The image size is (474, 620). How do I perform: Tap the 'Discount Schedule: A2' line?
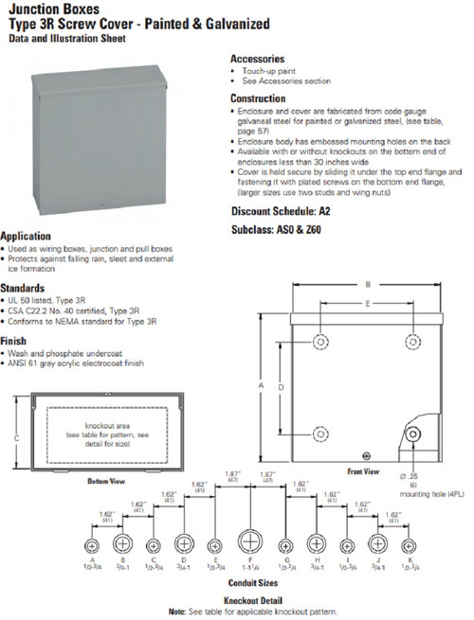point(281,210)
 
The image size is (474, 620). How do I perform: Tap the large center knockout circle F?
point(250,545)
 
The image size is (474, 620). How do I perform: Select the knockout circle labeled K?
point(409,546)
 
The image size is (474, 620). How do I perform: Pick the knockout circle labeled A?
point(92,546)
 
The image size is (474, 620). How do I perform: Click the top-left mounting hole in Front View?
point(321,340)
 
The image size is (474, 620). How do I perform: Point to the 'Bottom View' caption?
point(106,482)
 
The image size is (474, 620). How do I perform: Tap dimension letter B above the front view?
point(368,284)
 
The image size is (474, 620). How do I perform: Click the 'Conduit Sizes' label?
point(250,584)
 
